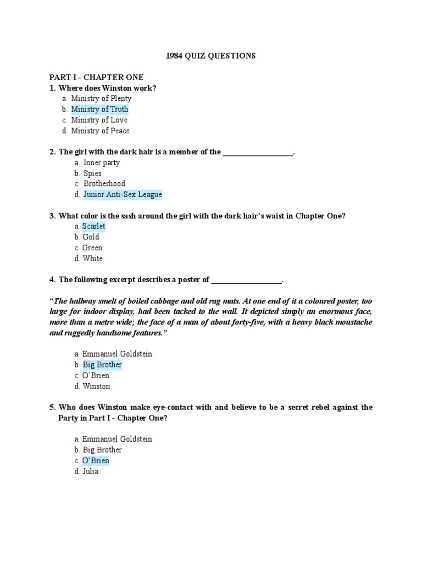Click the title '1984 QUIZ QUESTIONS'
(211, 55)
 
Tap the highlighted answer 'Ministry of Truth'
(99, 109)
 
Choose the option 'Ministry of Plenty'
(101, 98)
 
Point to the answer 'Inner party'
(102, 162)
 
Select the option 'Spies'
(92, 173)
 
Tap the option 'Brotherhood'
(104, 184)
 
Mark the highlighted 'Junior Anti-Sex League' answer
(123, 194)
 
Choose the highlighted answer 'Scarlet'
(93, 226)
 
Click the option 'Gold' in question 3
(91, 237)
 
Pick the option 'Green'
(92, 248)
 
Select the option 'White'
(92, 258)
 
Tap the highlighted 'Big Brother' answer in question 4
(102, 365)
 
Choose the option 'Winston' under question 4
(96, 386)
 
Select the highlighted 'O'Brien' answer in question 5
(96, 460)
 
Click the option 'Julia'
(90, 471)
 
